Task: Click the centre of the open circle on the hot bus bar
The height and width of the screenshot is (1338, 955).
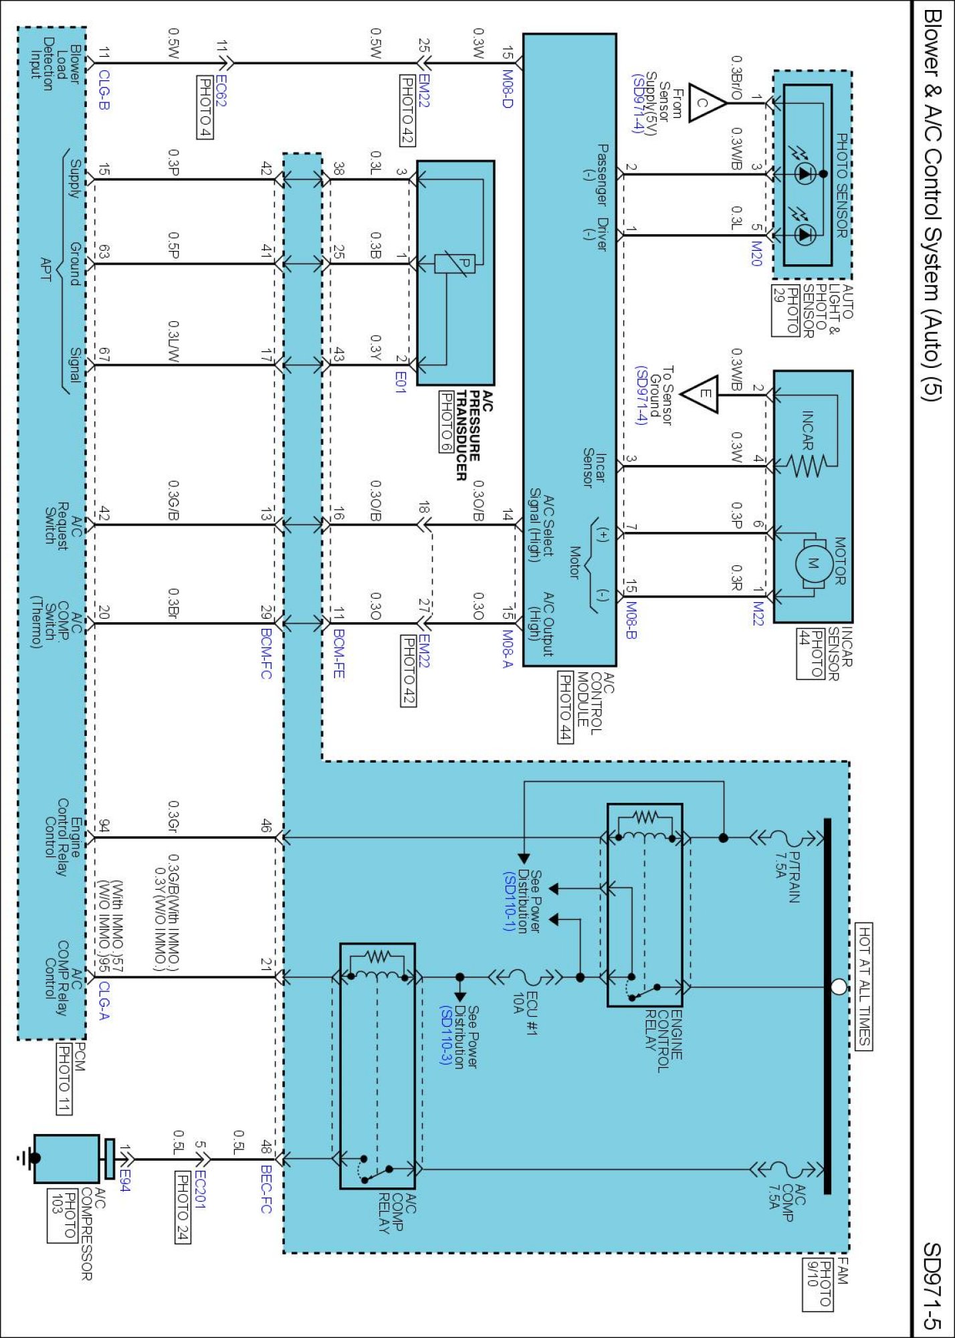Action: pyautogui.click(x=838, y=987)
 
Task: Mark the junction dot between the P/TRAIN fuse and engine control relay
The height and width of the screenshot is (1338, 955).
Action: pyautogui.click(x=723, y=838)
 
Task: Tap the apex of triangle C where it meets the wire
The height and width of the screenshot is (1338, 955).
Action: pyautogui.click(x=727, y=102)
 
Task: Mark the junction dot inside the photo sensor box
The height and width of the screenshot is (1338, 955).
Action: pyautogui.click(x=823, y=174)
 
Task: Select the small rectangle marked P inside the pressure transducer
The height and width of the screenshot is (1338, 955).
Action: pyautogui.click(x=455, y=264)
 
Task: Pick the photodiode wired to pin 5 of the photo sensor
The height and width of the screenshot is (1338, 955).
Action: pyautogui.click(x=803, y=234)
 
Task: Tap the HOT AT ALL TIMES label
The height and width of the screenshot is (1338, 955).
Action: pyautogui.click(x=864, y=986)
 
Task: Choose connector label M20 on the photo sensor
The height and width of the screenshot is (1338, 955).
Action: pyautogui.click(x=756, y=254)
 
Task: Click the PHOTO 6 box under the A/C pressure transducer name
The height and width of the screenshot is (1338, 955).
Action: pyautogui.click(x=445, y=422)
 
